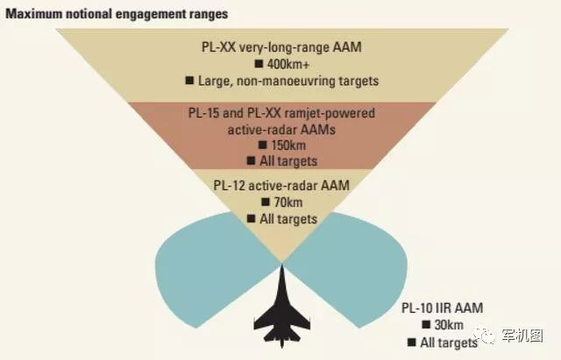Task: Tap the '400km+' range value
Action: point(288,65)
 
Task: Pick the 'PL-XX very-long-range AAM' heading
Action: point(280,49)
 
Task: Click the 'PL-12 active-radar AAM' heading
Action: point(280,186)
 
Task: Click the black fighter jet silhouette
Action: point(280,311)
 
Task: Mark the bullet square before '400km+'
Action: point(258,65)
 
